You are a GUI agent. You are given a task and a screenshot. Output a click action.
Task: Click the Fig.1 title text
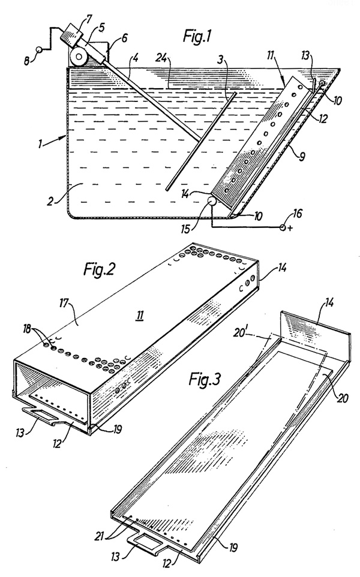click(197, 37)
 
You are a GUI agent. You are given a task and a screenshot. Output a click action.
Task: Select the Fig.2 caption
click(99, 270)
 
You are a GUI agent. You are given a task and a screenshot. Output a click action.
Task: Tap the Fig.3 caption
click(204, 378)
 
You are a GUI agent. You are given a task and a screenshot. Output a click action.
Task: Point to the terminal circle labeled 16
click(283, 227)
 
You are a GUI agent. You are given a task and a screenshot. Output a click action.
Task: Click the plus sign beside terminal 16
click(290, 228)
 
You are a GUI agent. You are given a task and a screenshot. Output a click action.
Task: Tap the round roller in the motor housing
click(80, 57)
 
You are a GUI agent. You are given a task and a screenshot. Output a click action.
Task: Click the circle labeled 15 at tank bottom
click(212, 202)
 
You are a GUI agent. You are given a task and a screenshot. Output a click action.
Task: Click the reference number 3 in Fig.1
click(220, 60)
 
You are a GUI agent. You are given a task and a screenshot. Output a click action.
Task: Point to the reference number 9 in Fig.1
click(302, 157)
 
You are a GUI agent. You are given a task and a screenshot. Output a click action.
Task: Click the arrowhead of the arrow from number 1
click(65, 136)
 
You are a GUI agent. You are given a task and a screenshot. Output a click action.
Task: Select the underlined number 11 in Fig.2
click(140, 315)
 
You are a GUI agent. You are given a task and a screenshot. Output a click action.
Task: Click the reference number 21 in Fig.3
click(103, 537)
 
